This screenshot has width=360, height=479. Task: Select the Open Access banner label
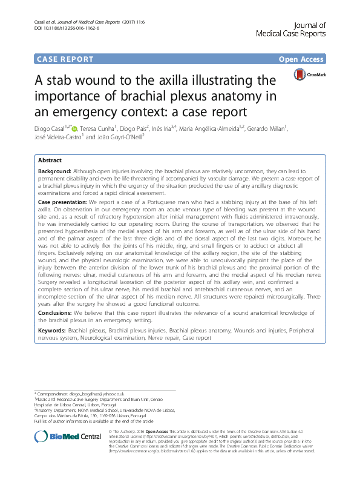301,59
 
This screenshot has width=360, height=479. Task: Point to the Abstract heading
50,160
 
